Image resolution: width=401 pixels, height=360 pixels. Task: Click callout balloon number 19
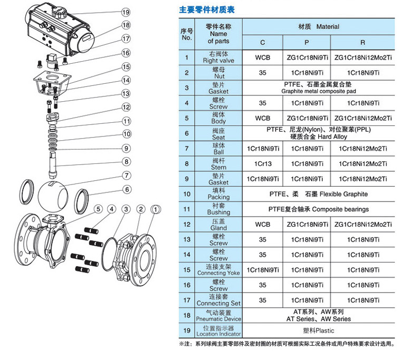[x=126, y=12]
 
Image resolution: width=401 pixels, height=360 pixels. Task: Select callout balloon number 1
[x=156, y=210]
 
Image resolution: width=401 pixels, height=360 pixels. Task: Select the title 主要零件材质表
[x=207, y=9]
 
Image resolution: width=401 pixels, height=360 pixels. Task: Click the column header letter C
[x=262, y=43]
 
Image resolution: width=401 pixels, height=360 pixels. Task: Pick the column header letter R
[x=362, y=43]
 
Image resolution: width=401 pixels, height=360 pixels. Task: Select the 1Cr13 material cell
[x=262, y=164]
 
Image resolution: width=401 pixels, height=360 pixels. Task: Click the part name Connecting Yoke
[x=218, y=273]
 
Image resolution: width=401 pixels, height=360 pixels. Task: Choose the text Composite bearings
[x=340, y=210]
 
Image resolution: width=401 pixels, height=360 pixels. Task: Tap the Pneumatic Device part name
[x=218, y=319]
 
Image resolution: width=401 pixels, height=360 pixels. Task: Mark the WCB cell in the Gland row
[x=262, y=225]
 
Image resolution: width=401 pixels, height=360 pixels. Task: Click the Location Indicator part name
[x=218, y=334]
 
